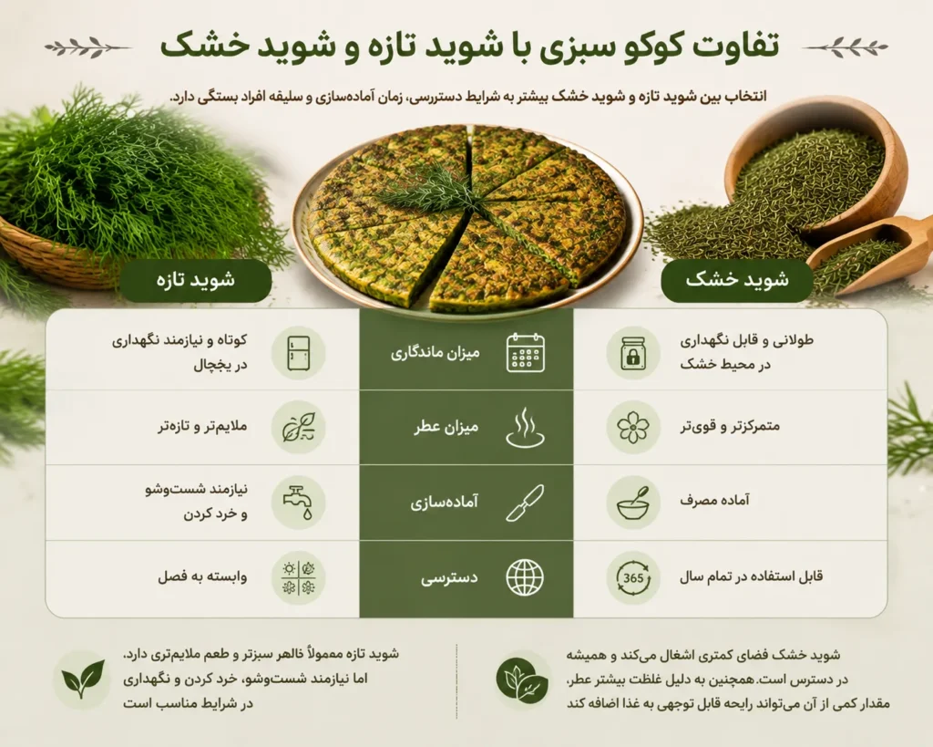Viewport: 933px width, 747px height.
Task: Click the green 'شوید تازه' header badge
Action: pyautogui.click(x=196, y=280)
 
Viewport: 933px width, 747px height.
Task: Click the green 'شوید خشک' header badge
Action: pyautogui.click(x=737, y=280)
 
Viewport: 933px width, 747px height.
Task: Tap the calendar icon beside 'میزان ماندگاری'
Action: pyautogui.click(x=526, y=353)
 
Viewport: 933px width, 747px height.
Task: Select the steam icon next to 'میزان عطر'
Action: pyautogui.click(x=526, y=427)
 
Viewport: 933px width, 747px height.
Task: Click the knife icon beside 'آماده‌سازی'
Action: pyautogui.click(x=526, y=503)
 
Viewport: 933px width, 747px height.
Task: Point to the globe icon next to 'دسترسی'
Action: pyautogui.click(x=525, y=577)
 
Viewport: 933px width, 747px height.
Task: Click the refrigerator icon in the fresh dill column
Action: pyautogui.click(x=298, y=353)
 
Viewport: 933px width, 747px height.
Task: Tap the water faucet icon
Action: pyautogui.click(x=298, y=503)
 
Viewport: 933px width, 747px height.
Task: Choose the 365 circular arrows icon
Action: pyautogui.click(x=633, y=577)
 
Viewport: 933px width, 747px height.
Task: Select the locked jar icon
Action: pyautogui.click(x=633, y=353)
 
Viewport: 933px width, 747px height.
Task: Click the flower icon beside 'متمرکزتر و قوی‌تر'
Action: pyautogui.click(x=633, y=427)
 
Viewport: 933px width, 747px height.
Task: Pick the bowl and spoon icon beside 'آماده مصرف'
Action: pyautogui.click(x=633, y=503)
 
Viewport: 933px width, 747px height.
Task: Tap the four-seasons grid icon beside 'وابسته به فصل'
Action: pyautogui.click(x=298, y=577)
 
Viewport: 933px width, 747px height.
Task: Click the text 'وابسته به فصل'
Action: pyautogui.click(x=202, y=576)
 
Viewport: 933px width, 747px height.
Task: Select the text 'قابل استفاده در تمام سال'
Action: pyautogui.click(x=751, y=576)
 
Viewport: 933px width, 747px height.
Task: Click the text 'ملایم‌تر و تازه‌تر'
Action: pyautogui.click(x=202, y=427)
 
